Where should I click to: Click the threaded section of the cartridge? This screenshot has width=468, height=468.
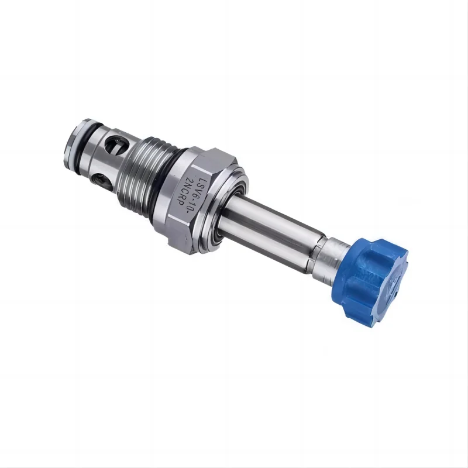click(143, 175)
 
